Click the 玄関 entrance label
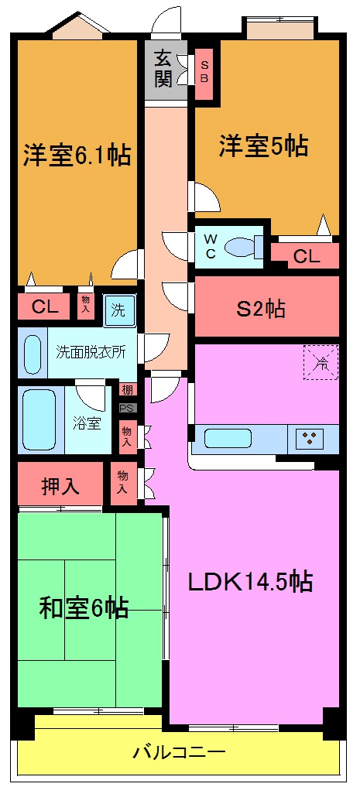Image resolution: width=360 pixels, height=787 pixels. [x=163, y=67]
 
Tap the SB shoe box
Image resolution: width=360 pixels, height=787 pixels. [x=204, y=68]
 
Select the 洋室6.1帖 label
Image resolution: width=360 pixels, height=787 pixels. [x=76, y=155]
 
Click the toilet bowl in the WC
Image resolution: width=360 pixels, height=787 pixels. [x=241, y=247]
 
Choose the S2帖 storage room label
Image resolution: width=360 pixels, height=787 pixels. [x=261, y=309]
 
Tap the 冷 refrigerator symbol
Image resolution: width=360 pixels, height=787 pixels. [x=320, y=361]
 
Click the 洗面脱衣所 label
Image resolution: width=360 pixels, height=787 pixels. [x=89, y=350]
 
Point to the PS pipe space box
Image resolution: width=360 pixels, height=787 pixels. [x=125, y=406]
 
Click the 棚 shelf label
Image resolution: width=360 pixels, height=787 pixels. [x=125, y=389]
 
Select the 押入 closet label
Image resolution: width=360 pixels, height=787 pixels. [x=60, y=486]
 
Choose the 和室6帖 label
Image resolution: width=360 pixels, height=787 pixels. [x=84, y=607]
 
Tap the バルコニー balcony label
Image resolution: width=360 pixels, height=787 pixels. [x=179, y=751]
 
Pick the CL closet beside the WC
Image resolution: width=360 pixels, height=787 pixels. [x=306, y=257]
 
